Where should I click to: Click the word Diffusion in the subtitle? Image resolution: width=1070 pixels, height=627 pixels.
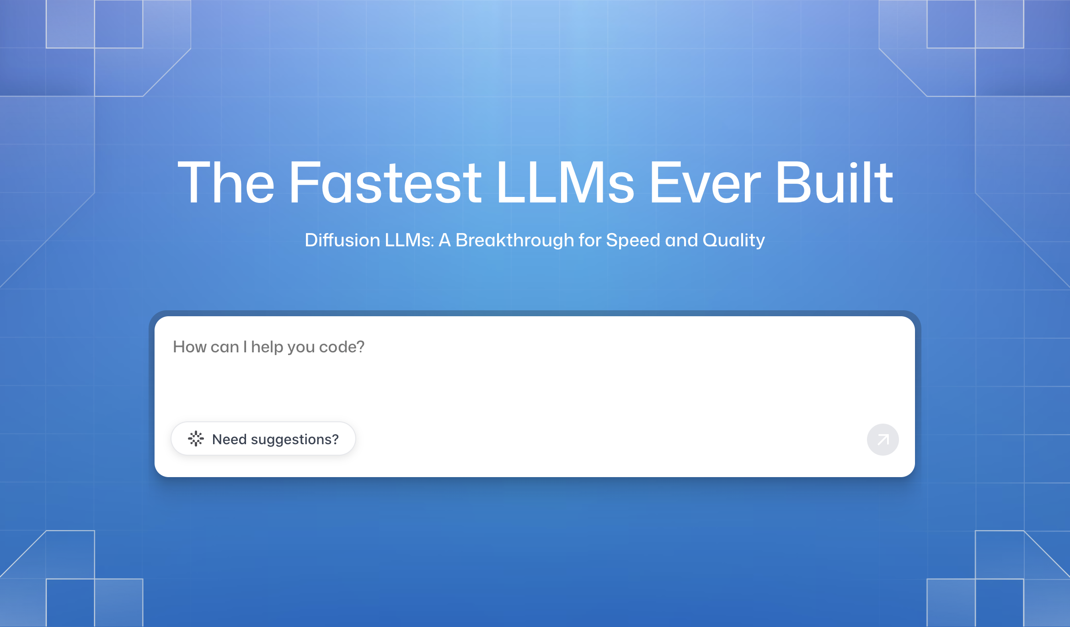pyautogui.click(x=342, y=240)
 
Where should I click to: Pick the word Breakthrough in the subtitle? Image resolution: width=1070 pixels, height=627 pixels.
pyautogui.click(x=515, y=240)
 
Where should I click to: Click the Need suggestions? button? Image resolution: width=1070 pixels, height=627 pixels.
pyautogui.click(x=263, y=439)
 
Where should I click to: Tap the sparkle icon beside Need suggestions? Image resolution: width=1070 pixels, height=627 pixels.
pyautogui.click(x=196, y=439)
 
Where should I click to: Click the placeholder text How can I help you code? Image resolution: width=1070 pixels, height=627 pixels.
pyautogui.click(x=269, y=347)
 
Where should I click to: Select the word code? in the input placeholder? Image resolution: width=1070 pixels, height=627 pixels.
pyautogui.click(x=342, y=347)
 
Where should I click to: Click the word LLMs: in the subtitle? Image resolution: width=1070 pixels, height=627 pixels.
pyautogui.click(x=410, y=240)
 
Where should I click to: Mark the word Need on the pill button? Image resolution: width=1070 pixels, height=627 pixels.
pyautogui.click(x=230, y=439)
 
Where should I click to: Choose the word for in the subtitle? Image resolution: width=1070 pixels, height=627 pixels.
pyautogui.click(x=590, y=240)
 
